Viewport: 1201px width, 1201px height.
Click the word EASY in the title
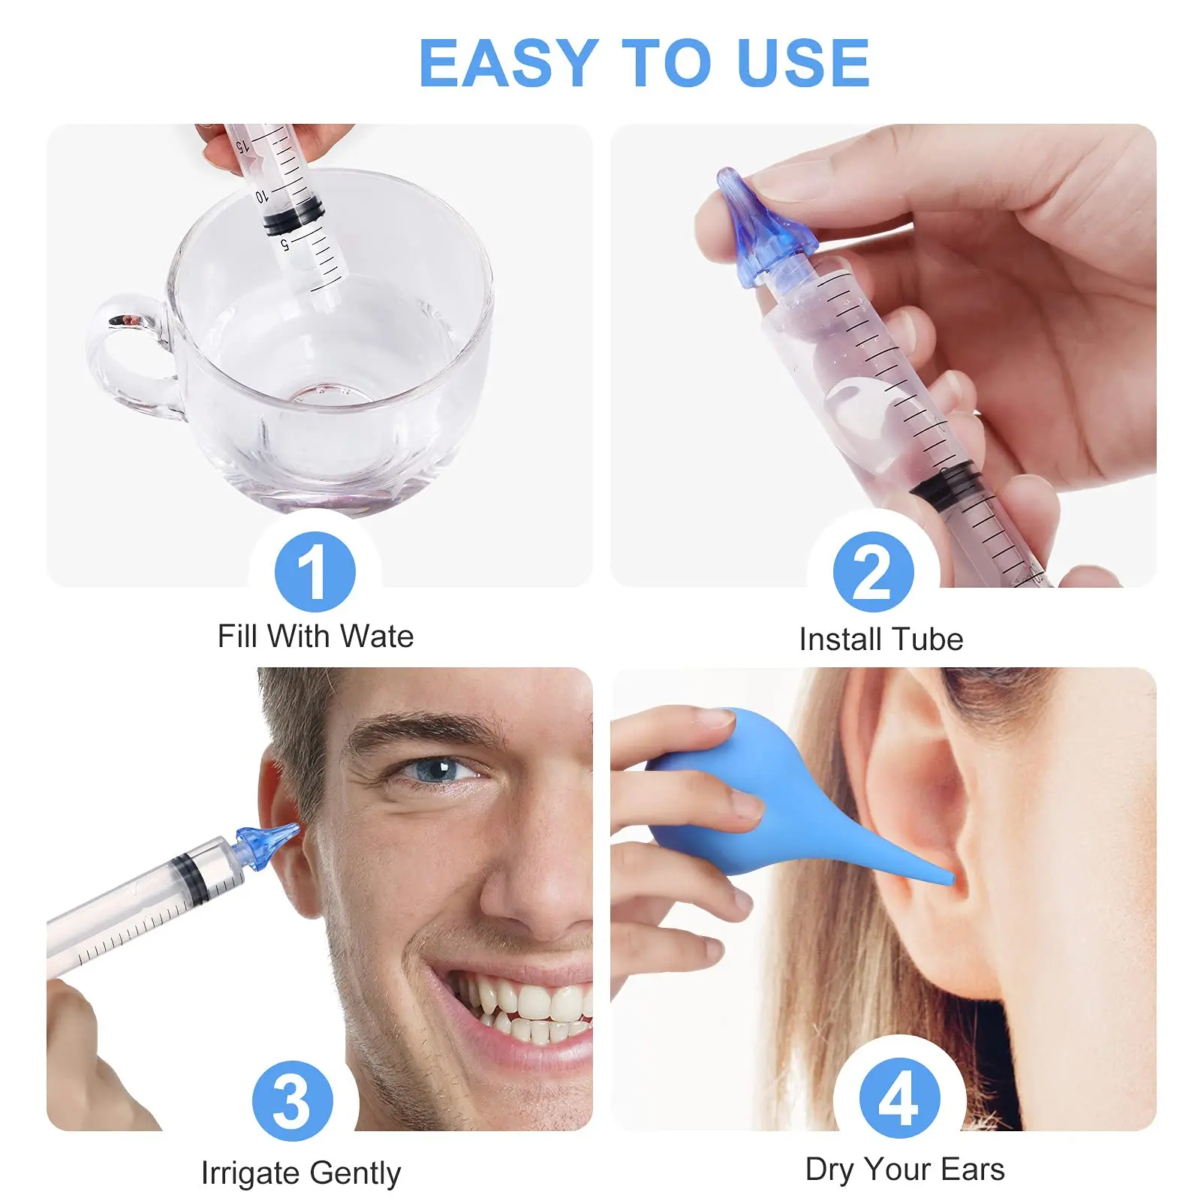507,64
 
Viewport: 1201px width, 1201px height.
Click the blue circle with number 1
315,571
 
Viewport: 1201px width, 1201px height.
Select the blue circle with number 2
873,571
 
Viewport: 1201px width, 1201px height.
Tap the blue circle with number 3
292,1100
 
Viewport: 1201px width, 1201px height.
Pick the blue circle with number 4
898,1097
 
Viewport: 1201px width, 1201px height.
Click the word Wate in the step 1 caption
376,637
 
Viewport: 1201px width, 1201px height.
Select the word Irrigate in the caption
249,1172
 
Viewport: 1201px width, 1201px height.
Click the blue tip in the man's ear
266,844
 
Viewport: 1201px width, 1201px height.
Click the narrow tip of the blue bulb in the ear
942,874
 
